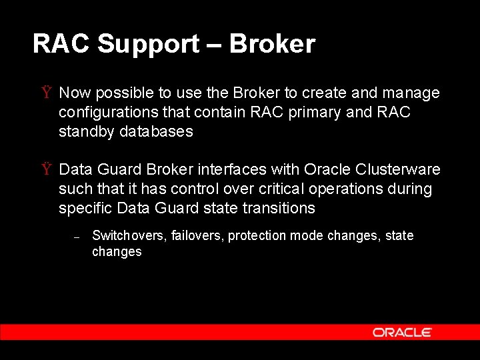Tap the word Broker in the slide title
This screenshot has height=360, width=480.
click(272, 44)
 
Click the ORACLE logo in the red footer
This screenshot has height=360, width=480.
click(402, 332)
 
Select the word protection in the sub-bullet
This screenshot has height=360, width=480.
click(256, 236)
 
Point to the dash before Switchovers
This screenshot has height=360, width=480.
click(77, 237)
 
